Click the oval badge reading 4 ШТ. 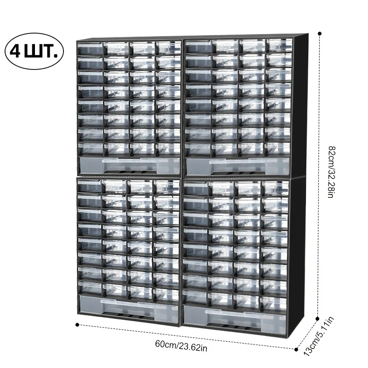pyautogui.click(x=34, y=51)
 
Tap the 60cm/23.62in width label pyautogui.click(x=181, y=346)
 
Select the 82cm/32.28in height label pyautogui.click(x=332, y=172)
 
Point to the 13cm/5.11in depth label pyautogui.click(x=319, y=336)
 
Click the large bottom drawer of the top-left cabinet pyautogui.click(x=130, y=166)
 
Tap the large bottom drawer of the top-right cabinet pyautogui.click(x=238, y=167)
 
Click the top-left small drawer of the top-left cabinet pyautogui.click(x=90, y=49)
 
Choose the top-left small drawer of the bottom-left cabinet pyautogui.click(x=89, y=186)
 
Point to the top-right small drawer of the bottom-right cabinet pyautogui.click(x=275, y=188)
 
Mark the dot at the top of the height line pyautogui.click(x=319, y=34)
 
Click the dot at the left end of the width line pyautogui.click(x=77, y=325)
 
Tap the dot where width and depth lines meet pyautogui.click(x=296, y=350)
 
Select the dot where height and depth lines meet pyautogui.click(x=317, y=319)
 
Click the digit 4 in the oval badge pyautogui.click(x=15, y=52)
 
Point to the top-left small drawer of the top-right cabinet pyautogui.click(x=199, y=46)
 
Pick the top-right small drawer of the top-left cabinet pyautogui.click(x=168, y=48)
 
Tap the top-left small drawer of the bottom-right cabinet pyautogui.click(x=196, y=189)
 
